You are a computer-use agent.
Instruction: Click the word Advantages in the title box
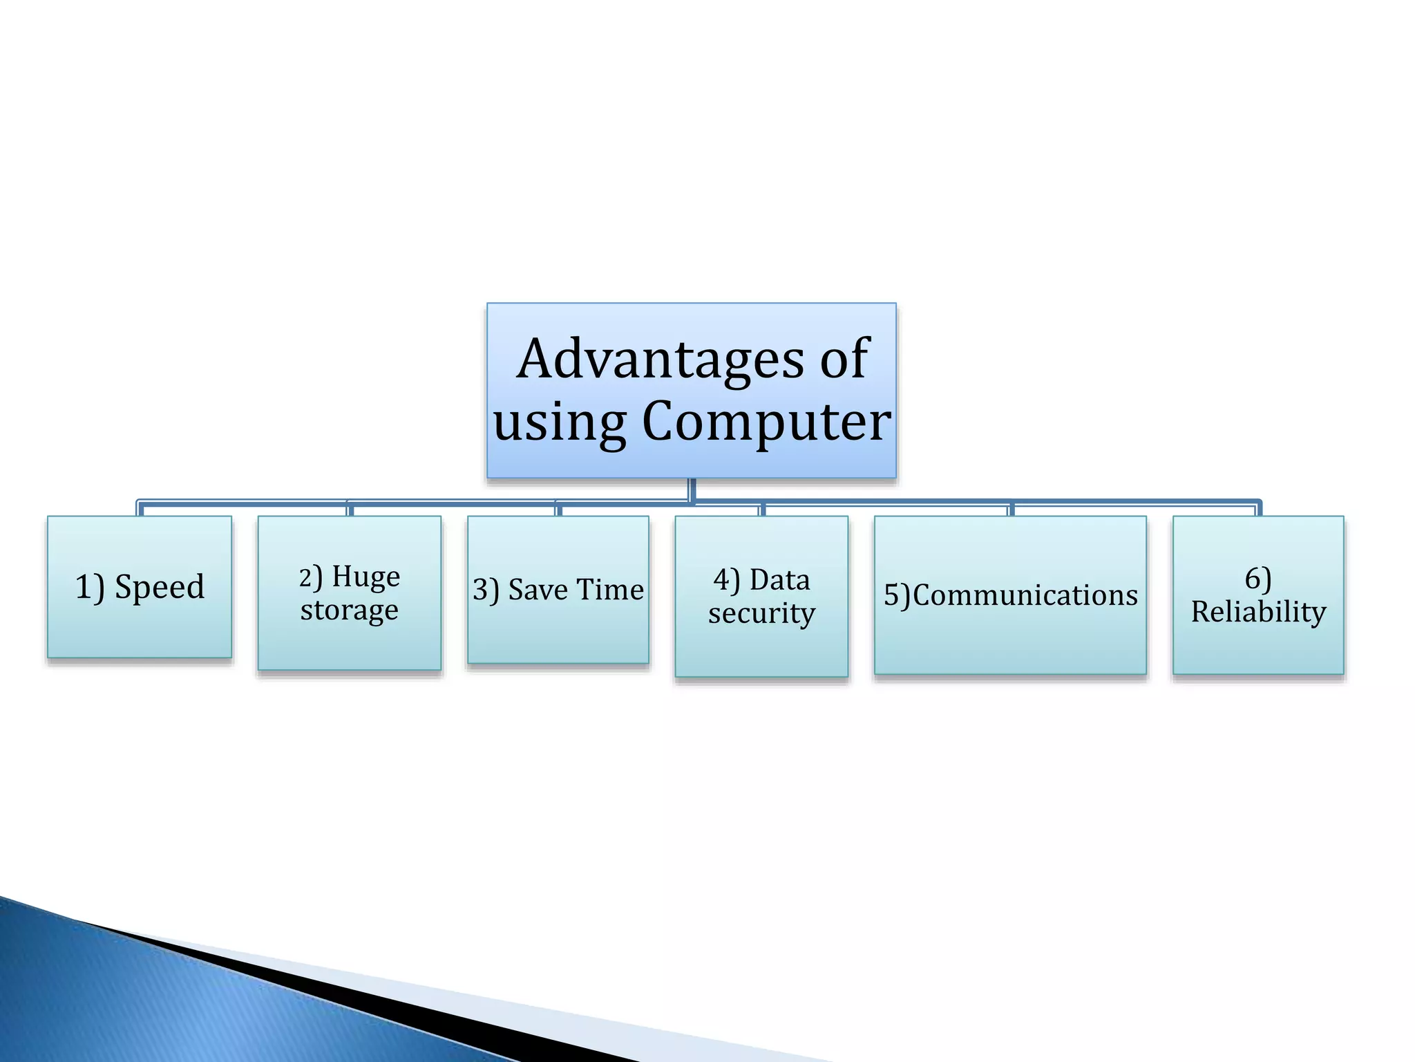coord(661,360)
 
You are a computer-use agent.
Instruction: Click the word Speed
coord(160,587)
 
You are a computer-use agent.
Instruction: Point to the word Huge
coord(365,577)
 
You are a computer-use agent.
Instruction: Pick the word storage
coord(349,610)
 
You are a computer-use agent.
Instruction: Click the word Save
coord(538,590)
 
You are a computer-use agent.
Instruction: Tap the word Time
coord(610,590)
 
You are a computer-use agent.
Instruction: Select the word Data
coord(779,579)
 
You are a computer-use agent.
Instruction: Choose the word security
coord(761,613)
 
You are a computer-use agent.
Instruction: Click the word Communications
coord(1025,595)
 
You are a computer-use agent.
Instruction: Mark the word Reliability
coord(1258,612)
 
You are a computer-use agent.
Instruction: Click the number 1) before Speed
coord(90,588)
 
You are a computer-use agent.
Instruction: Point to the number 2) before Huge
coord(310,577)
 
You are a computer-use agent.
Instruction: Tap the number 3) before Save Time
coord(486,590)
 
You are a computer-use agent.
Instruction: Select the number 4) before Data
coord(726,580)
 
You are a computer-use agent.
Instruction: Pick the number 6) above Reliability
coord(1258,579)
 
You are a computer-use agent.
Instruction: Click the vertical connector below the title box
coord(692,490)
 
